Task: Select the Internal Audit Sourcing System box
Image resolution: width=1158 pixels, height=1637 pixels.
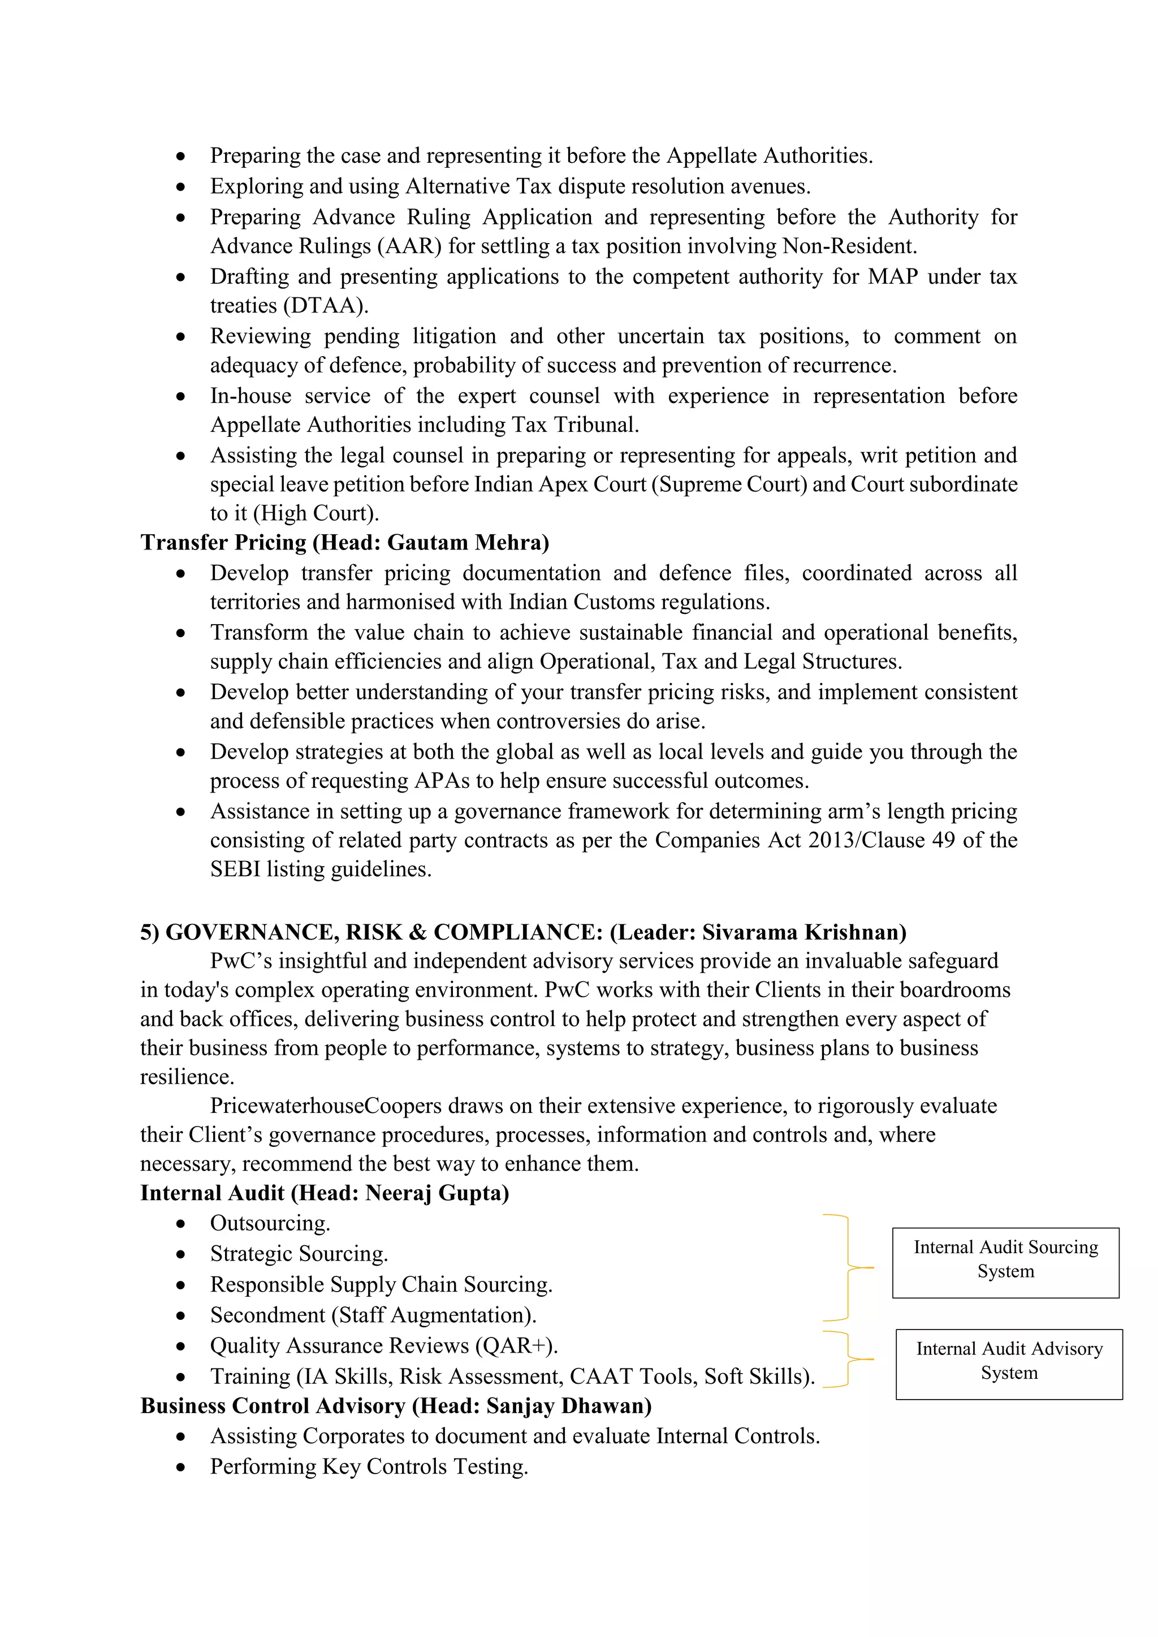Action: (1005, 1263)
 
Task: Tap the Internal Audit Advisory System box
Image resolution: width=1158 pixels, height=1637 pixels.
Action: (1009, 1365)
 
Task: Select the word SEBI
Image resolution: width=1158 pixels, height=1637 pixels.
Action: (235, 870)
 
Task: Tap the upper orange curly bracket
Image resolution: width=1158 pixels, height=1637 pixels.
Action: (849, 1268)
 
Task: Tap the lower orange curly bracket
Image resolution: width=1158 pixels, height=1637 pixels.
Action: (849, 1359)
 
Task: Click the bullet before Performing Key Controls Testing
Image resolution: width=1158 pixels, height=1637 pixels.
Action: (181, 1468)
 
